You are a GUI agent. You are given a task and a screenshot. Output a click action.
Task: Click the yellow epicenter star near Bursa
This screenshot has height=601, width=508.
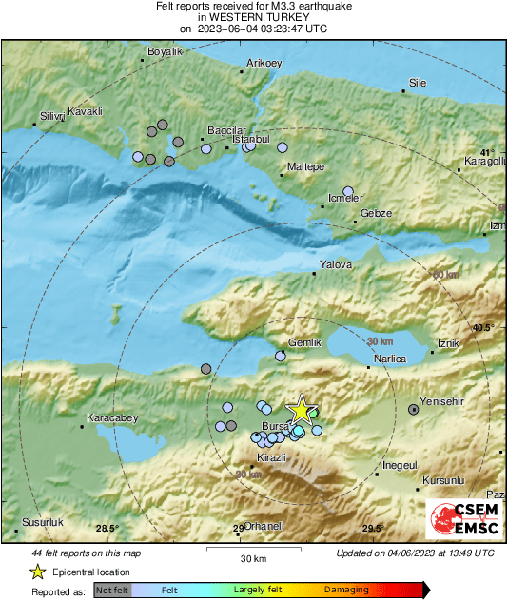(x=301, y=410)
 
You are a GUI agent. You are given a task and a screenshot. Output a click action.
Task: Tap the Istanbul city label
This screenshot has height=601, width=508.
(x=252, y=139)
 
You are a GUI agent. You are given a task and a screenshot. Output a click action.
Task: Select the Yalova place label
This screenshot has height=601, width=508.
(x=336, y=264)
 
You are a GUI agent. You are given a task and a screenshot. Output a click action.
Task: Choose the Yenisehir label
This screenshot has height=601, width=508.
(x=441, y=401)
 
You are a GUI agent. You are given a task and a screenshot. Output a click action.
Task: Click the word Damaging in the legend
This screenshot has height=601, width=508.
(x=346, y=591)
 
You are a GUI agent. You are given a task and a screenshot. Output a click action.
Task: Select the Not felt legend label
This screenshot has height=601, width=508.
(x=112, y=591)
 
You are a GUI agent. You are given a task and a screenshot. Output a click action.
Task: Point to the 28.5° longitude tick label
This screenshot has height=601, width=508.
(x=107, y=529)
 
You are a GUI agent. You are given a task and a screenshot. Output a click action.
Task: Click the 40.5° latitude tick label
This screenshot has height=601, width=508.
(x=484, y=327)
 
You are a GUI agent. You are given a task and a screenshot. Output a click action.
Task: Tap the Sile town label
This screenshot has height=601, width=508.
(x=417, y=84)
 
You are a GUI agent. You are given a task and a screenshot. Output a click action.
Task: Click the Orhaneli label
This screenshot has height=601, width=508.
(x=252, y=526)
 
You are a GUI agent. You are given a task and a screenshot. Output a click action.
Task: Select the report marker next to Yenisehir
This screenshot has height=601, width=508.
(x=414, y=410)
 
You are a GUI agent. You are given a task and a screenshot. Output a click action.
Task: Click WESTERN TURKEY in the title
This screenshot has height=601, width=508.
(x=254, y=16)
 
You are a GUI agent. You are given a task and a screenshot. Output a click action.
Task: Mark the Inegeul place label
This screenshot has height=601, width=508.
(x=400, y=464)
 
